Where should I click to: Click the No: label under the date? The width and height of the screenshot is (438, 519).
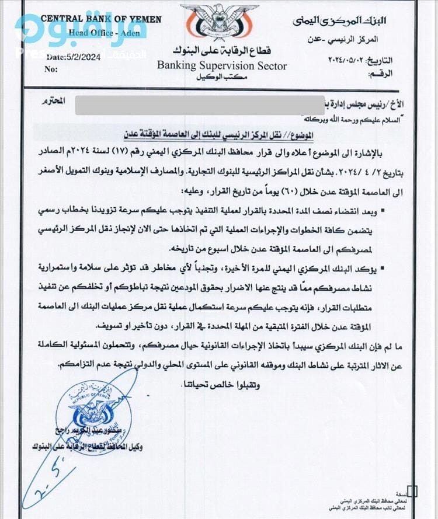coord(52,69)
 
